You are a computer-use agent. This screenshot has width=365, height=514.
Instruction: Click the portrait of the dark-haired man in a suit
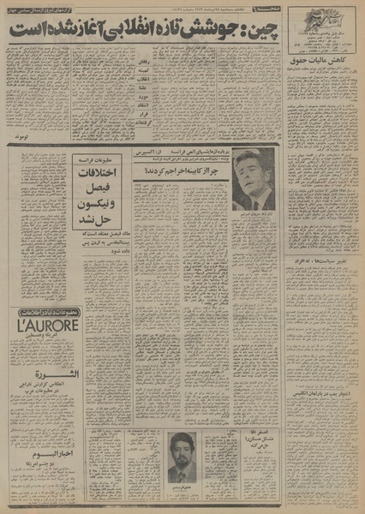point(254,180)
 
